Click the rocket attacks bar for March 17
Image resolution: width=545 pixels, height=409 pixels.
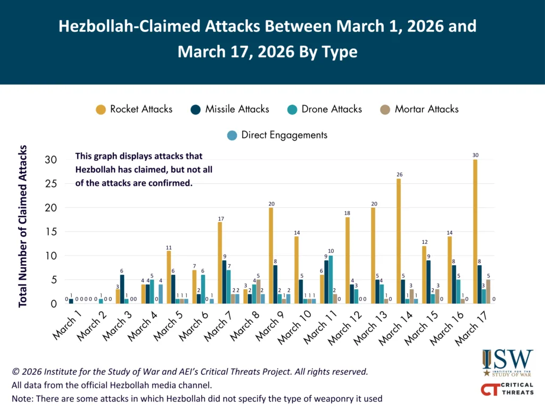coord(475,232)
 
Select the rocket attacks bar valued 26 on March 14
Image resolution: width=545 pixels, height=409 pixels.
coord(399,241)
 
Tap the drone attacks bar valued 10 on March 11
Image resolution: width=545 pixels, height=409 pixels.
coord(331,280)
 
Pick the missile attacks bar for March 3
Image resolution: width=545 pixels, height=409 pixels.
coord(122,289)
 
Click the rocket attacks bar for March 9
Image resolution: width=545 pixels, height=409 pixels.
coord(271,256)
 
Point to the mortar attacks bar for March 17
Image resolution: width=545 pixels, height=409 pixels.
coord(489,291)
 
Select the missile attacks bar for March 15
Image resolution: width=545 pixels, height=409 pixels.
coord(428,282)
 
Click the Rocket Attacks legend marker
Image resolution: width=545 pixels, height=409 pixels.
coord(101,110)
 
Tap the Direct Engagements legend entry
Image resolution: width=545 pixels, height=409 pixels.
coord(277,135)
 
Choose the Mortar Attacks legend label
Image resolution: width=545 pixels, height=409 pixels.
coord(426,109)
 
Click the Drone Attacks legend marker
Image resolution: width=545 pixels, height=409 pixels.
coord(292,110)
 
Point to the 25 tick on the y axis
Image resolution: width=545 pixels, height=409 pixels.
coord(51,184)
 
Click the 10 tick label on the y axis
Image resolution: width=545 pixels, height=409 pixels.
coord(51,256)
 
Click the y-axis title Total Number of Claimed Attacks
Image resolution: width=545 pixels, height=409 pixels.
coord(22,226)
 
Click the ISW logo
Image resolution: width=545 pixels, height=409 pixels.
coord(507,363)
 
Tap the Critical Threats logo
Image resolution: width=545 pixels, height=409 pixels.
coord(507,389)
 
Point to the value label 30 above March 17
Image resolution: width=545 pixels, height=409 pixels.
coord(475,155)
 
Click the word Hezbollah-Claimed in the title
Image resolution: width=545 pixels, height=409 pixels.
coord(129,26)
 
